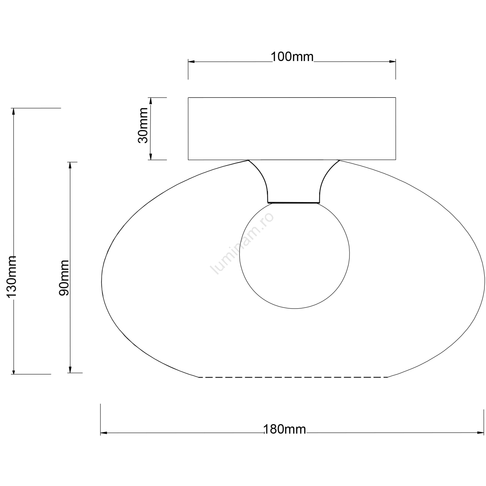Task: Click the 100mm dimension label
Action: pyautogui.click(x=292, y=57)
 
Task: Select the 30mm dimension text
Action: pyautogui.click(x=143, y=125)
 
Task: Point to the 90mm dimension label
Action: pyautogui.click(x=64, y=278)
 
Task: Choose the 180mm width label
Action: pyautogui.click(x=285, y=429)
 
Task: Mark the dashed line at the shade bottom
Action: pyautogui.click(x=293, y=377)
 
